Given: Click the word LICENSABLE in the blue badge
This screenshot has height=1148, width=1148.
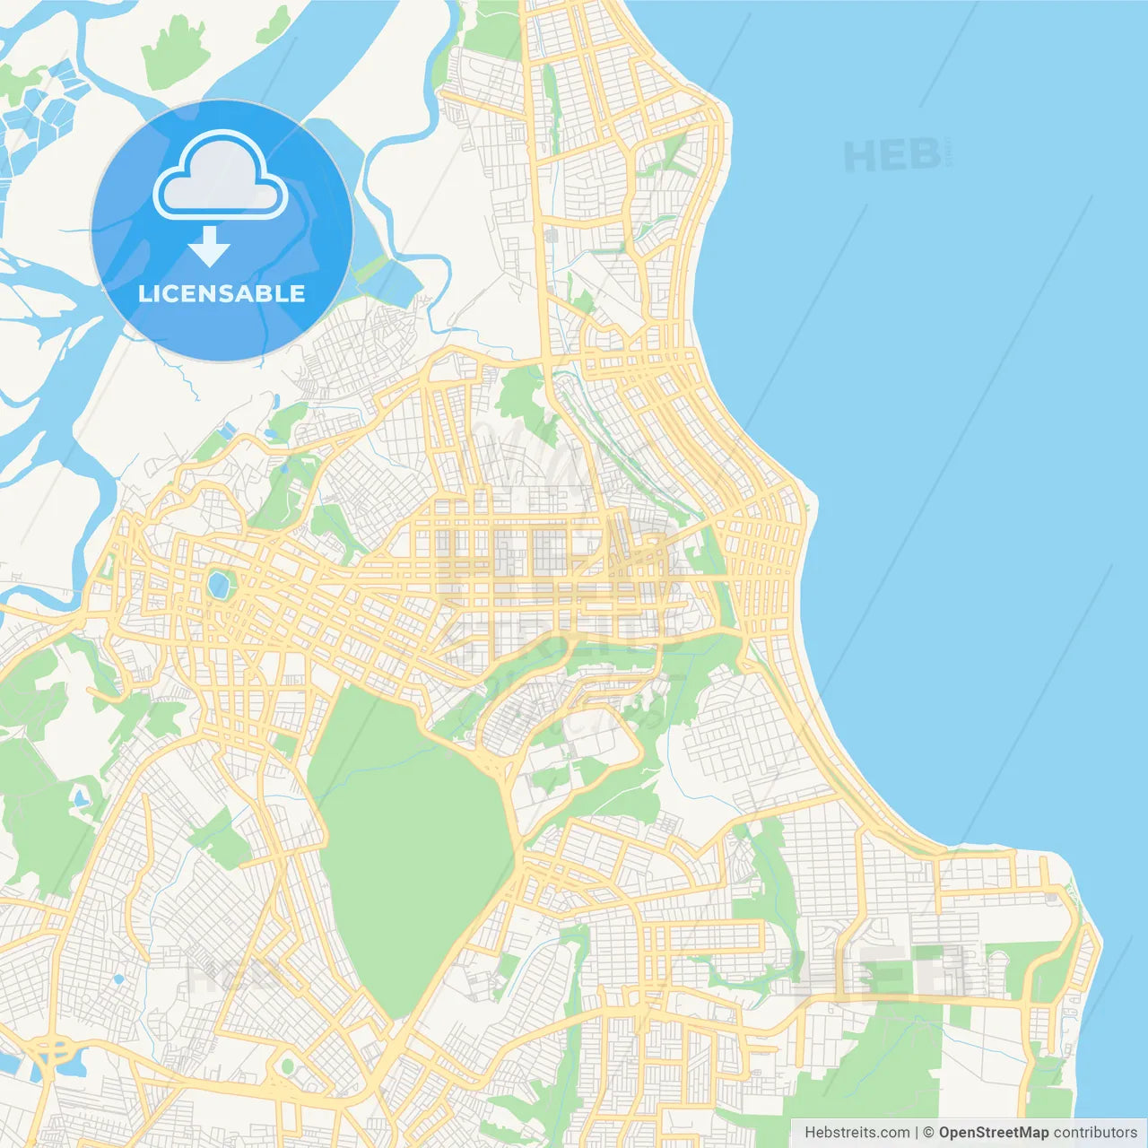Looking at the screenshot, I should click(x=222, y=294).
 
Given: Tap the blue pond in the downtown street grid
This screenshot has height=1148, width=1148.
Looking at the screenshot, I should click(x=218, y=585).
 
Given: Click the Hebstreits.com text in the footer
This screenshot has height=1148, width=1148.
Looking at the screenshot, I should click(x=857, y=1133).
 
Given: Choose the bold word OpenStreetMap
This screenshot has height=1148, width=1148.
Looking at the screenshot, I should click(x=993, y=1133).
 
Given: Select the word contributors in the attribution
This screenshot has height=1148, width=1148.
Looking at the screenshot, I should click(x=1095, y=1133).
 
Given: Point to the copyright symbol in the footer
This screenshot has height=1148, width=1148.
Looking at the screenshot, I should click(x=929, y=1133).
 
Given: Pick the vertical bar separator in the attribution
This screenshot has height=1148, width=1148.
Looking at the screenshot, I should click(x=917, y=1133).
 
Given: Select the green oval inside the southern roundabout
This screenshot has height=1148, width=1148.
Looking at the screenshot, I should click(x=287, y=1066).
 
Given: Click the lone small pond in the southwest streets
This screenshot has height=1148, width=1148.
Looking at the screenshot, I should click(x=117, y=978).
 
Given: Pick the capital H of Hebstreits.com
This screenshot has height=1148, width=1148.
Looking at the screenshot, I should click(x=810, y=1133).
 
